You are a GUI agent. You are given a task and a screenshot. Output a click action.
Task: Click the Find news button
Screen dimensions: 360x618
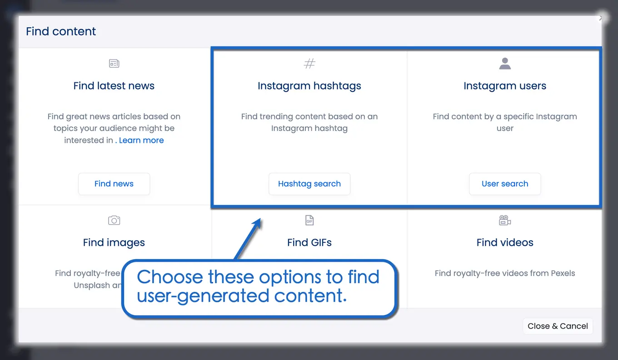tap(114, 184)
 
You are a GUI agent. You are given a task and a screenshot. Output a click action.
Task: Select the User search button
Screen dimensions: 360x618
tap(505, 184)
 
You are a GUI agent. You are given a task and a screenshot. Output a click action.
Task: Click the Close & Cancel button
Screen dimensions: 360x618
tap(558, 326)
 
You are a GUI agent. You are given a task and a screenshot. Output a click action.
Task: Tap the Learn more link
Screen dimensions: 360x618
tap(141, 140)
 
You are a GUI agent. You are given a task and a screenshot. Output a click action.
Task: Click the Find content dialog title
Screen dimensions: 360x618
tap(61, 31)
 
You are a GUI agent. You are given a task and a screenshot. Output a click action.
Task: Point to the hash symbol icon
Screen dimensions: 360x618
tap(309, 63)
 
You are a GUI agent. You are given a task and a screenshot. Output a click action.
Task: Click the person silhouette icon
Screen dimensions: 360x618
tap(505, 64)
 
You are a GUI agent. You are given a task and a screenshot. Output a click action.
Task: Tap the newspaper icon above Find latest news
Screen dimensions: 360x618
tap(114, 63)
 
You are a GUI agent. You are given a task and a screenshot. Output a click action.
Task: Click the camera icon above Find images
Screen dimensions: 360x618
tap(114, 220)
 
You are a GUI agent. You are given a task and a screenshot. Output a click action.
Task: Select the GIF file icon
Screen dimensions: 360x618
tap(309, 220)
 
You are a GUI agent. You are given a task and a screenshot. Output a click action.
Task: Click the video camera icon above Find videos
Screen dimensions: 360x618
tap(505, 220)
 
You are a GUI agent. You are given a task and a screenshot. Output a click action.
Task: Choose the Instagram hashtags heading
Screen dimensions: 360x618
tap(309, 86)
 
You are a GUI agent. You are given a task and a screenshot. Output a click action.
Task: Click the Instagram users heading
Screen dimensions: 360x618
tap(505, 86)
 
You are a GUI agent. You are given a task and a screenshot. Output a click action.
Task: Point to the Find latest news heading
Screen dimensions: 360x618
tap(114, 86)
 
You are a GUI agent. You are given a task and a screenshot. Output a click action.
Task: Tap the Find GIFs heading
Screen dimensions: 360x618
tap(309, 242)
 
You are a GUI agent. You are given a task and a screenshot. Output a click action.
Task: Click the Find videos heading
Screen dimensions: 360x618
tap(505, 242)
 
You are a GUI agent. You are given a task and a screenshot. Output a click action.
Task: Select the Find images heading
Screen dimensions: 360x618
tap(114, 242)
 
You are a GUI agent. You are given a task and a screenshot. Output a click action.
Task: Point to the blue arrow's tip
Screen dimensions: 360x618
tap(260, 220)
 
